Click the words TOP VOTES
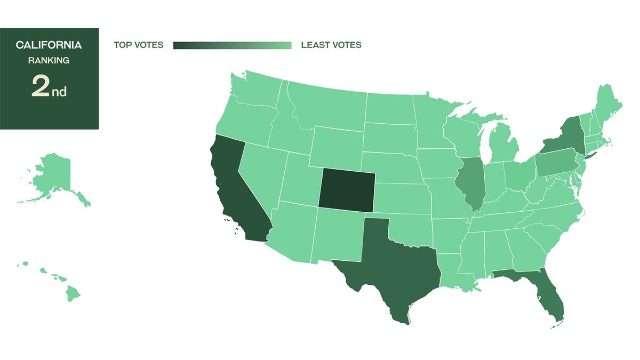139,45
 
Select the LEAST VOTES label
331,45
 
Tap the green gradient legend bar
232,45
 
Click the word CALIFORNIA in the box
49,45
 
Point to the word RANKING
49,61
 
